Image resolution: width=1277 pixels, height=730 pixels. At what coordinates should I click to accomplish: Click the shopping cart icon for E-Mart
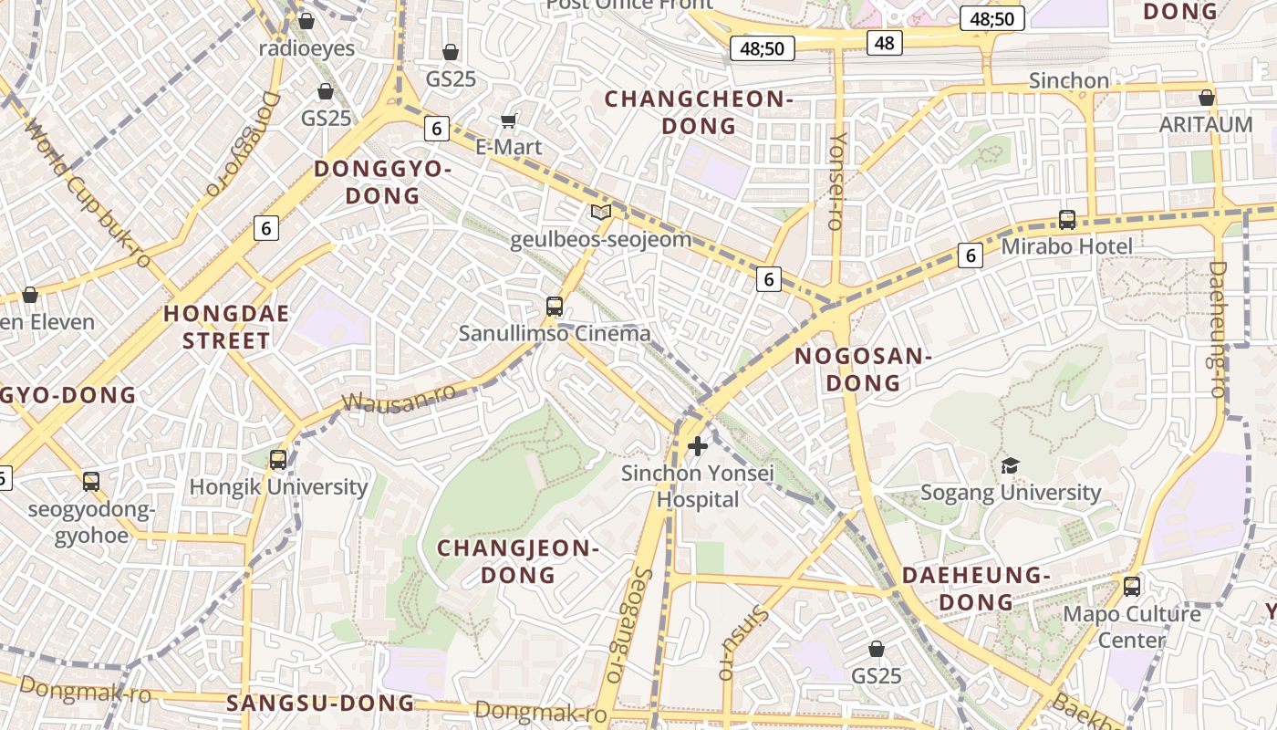[509, 121]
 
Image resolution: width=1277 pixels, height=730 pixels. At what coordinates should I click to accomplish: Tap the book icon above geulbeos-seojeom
[600, 213]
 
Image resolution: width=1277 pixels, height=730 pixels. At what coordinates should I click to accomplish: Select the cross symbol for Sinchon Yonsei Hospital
[698, 446]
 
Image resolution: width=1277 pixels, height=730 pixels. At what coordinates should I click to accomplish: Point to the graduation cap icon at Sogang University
[1009, 466]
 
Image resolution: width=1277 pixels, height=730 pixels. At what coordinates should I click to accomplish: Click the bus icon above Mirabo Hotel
[1066, 220]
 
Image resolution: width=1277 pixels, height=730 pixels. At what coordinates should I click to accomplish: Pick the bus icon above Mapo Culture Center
[1132, 587]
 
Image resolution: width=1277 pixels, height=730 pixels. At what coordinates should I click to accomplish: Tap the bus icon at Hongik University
[278, 460]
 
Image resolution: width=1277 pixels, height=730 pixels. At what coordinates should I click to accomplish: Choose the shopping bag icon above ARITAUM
[1207, 98]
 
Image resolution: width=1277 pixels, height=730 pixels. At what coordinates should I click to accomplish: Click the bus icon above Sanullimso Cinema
[555, 307]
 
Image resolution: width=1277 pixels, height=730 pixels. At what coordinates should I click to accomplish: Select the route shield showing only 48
[884, 42]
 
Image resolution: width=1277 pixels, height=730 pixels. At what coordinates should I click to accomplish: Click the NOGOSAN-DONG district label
[863, 370]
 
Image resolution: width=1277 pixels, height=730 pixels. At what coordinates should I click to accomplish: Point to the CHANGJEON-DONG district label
[518, 561]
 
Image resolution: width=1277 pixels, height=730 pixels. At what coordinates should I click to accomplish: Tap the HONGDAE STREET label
[226, 328]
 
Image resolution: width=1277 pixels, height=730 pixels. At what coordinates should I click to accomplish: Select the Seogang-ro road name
[630, 625]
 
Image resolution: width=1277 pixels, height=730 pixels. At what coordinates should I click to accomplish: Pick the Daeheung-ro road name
[1218, 328]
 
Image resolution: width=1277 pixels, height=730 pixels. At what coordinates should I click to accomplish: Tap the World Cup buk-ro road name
[88, 193]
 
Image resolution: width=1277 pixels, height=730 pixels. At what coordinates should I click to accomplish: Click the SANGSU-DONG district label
[320, 703]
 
